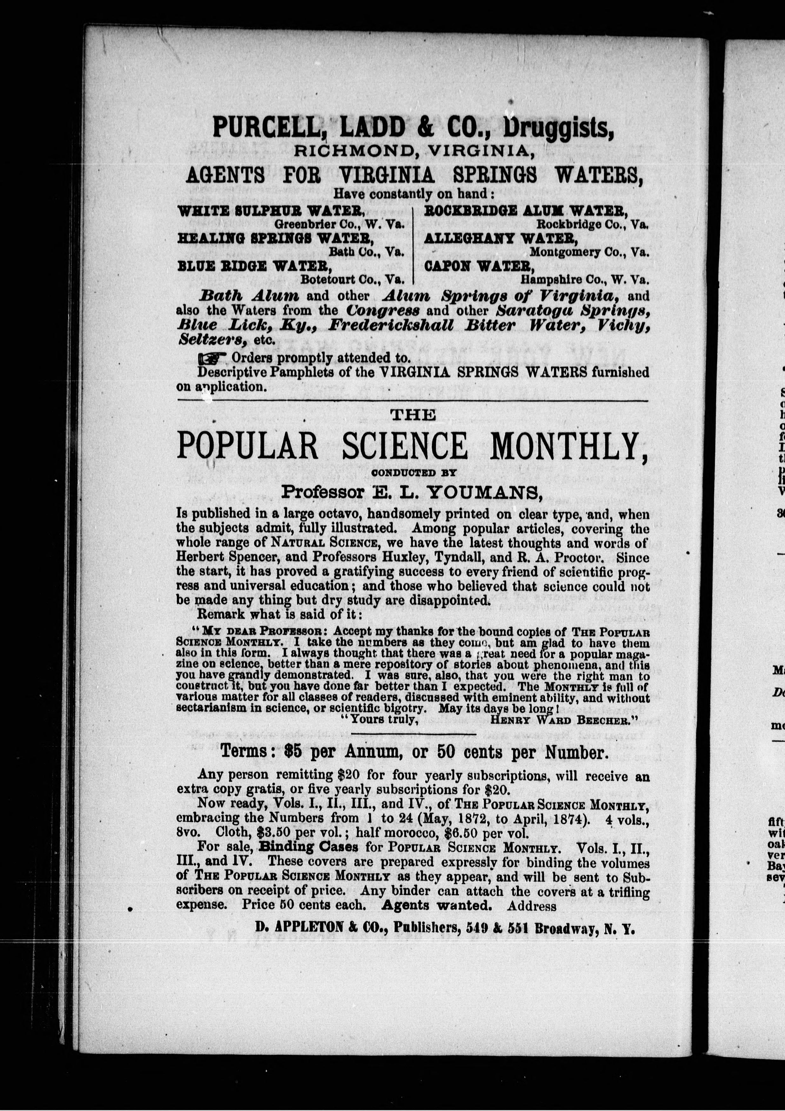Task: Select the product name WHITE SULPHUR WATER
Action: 271,211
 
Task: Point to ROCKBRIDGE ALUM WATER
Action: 526,211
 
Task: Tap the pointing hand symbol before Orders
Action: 212,358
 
